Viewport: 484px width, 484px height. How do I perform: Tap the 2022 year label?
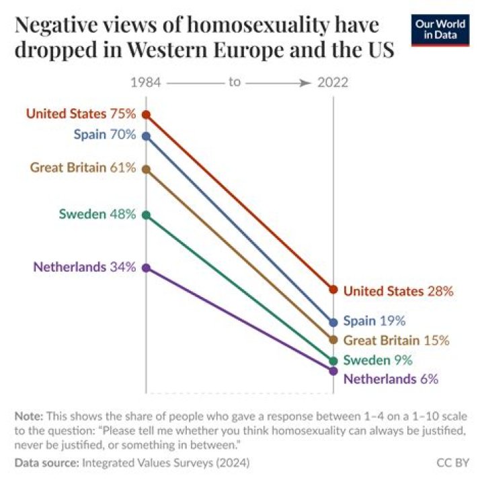[332, 83]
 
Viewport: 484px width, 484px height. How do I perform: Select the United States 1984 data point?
[146, 115]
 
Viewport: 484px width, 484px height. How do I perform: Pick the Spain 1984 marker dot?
[146, 136]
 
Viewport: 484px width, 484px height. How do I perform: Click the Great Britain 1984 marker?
[146, 169]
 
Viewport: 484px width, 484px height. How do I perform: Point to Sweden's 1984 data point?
[146, 215]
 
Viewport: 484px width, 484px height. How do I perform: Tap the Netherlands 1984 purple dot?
[146, 267]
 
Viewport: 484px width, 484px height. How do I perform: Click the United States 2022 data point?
[333, 290]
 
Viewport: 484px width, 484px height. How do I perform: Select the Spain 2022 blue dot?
[333, 322]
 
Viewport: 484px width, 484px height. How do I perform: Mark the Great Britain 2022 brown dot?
[333, 339]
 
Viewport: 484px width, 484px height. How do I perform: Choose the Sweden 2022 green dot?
[333, 360]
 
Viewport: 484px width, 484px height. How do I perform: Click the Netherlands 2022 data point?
[333, 370]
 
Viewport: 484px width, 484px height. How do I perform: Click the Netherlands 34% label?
[84, 266]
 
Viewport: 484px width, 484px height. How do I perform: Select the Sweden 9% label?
[378, 360]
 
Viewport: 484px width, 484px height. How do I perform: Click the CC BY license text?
[451, 462]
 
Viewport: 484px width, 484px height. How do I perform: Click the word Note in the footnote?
[28, 416]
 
